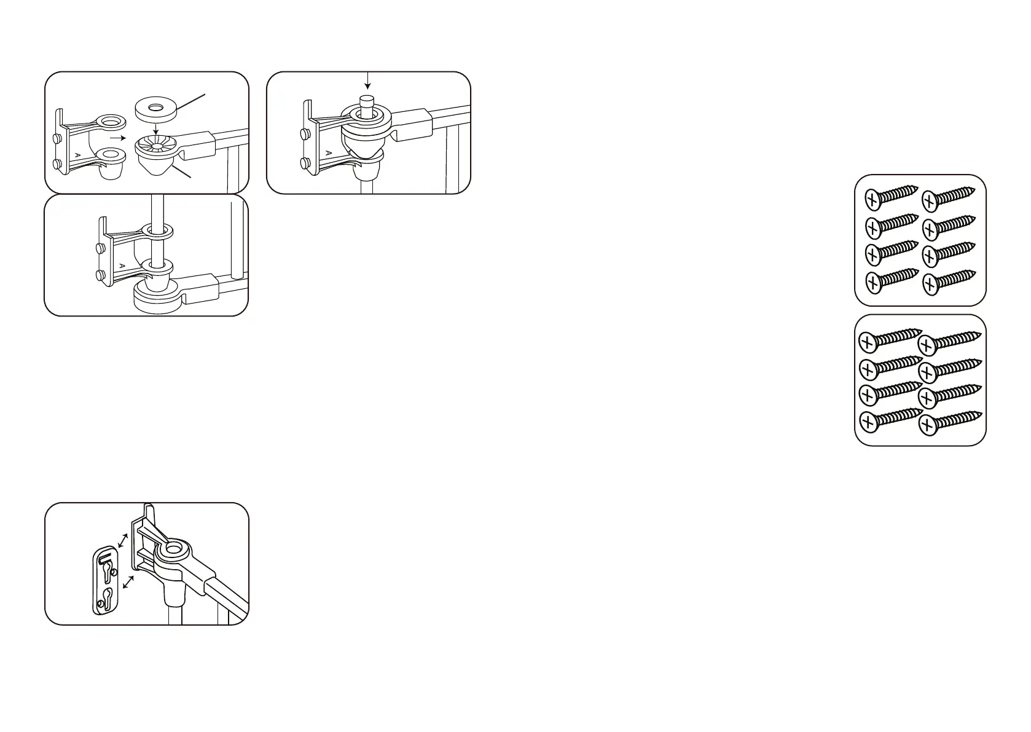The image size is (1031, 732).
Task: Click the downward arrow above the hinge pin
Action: click(367, 81)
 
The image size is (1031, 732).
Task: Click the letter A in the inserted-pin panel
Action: click(328, 152)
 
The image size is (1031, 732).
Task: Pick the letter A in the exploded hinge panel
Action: click(77, 156)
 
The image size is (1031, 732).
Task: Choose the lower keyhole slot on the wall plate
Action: click(107, 599)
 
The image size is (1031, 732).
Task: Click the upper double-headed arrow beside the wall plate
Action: click(123, 540)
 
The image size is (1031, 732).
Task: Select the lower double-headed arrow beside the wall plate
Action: click(128, 582)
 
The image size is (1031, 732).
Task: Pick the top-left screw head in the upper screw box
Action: click(874, 200)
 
